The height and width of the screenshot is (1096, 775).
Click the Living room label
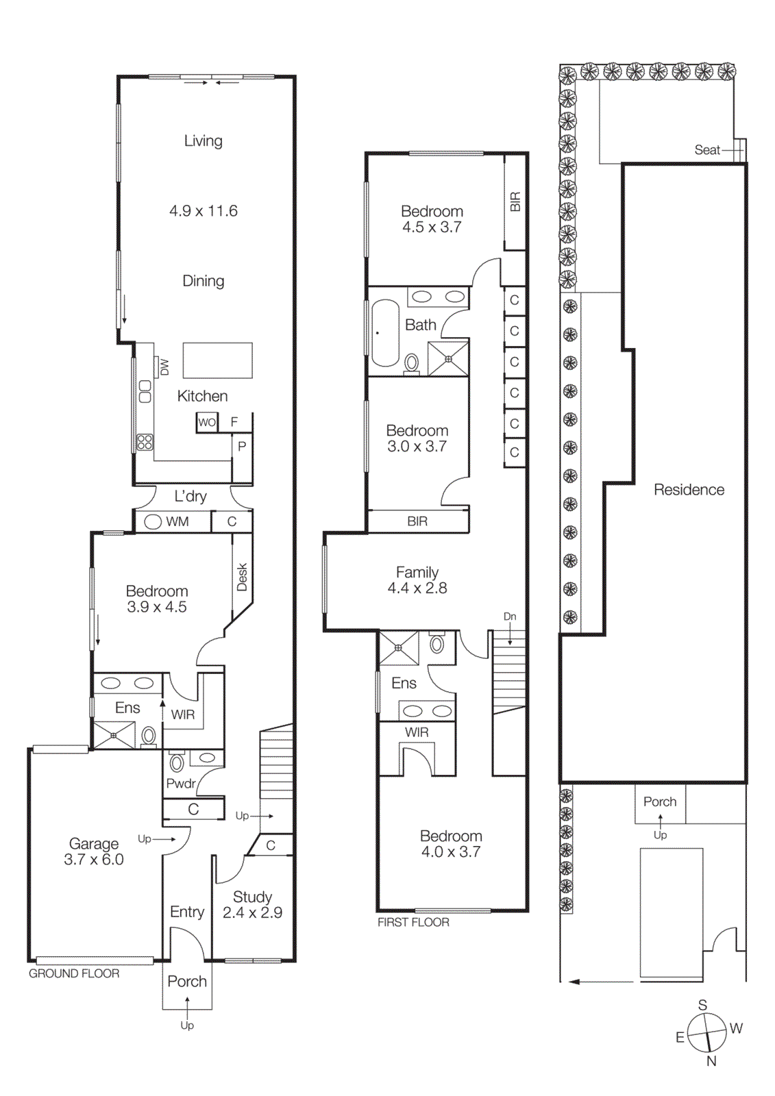point(203,140)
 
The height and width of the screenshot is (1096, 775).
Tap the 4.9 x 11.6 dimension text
point(204,211)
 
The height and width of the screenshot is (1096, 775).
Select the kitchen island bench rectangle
point(217,360)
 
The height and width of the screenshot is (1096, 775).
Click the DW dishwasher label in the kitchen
point(164,367)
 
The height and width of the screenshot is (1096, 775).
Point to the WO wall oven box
point(207,422)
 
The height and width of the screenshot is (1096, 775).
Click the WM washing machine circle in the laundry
point(153,522)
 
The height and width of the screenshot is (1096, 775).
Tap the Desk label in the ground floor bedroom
point(242,577)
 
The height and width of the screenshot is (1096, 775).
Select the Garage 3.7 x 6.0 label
point(94,851)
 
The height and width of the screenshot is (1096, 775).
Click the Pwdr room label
point(181,783)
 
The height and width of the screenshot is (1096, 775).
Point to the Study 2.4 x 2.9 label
point(252,904)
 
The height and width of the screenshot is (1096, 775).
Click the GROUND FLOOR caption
point(74,973)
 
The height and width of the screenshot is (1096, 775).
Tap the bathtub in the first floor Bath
point(385,333)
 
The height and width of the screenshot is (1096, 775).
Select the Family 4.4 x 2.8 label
point(417,580)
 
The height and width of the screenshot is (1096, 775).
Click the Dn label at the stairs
point(510,616)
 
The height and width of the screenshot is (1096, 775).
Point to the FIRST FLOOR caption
point(413,923)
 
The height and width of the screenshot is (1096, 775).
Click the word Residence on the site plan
point(689,490)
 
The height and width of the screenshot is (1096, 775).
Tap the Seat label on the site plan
point(707,149)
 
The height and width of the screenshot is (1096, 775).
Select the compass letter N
point(711,1061)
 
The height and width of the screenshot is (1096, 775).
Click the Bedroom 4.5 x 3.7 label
point(432,219)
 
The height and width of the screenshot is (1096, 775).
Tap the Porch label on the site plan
point(659,801)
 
